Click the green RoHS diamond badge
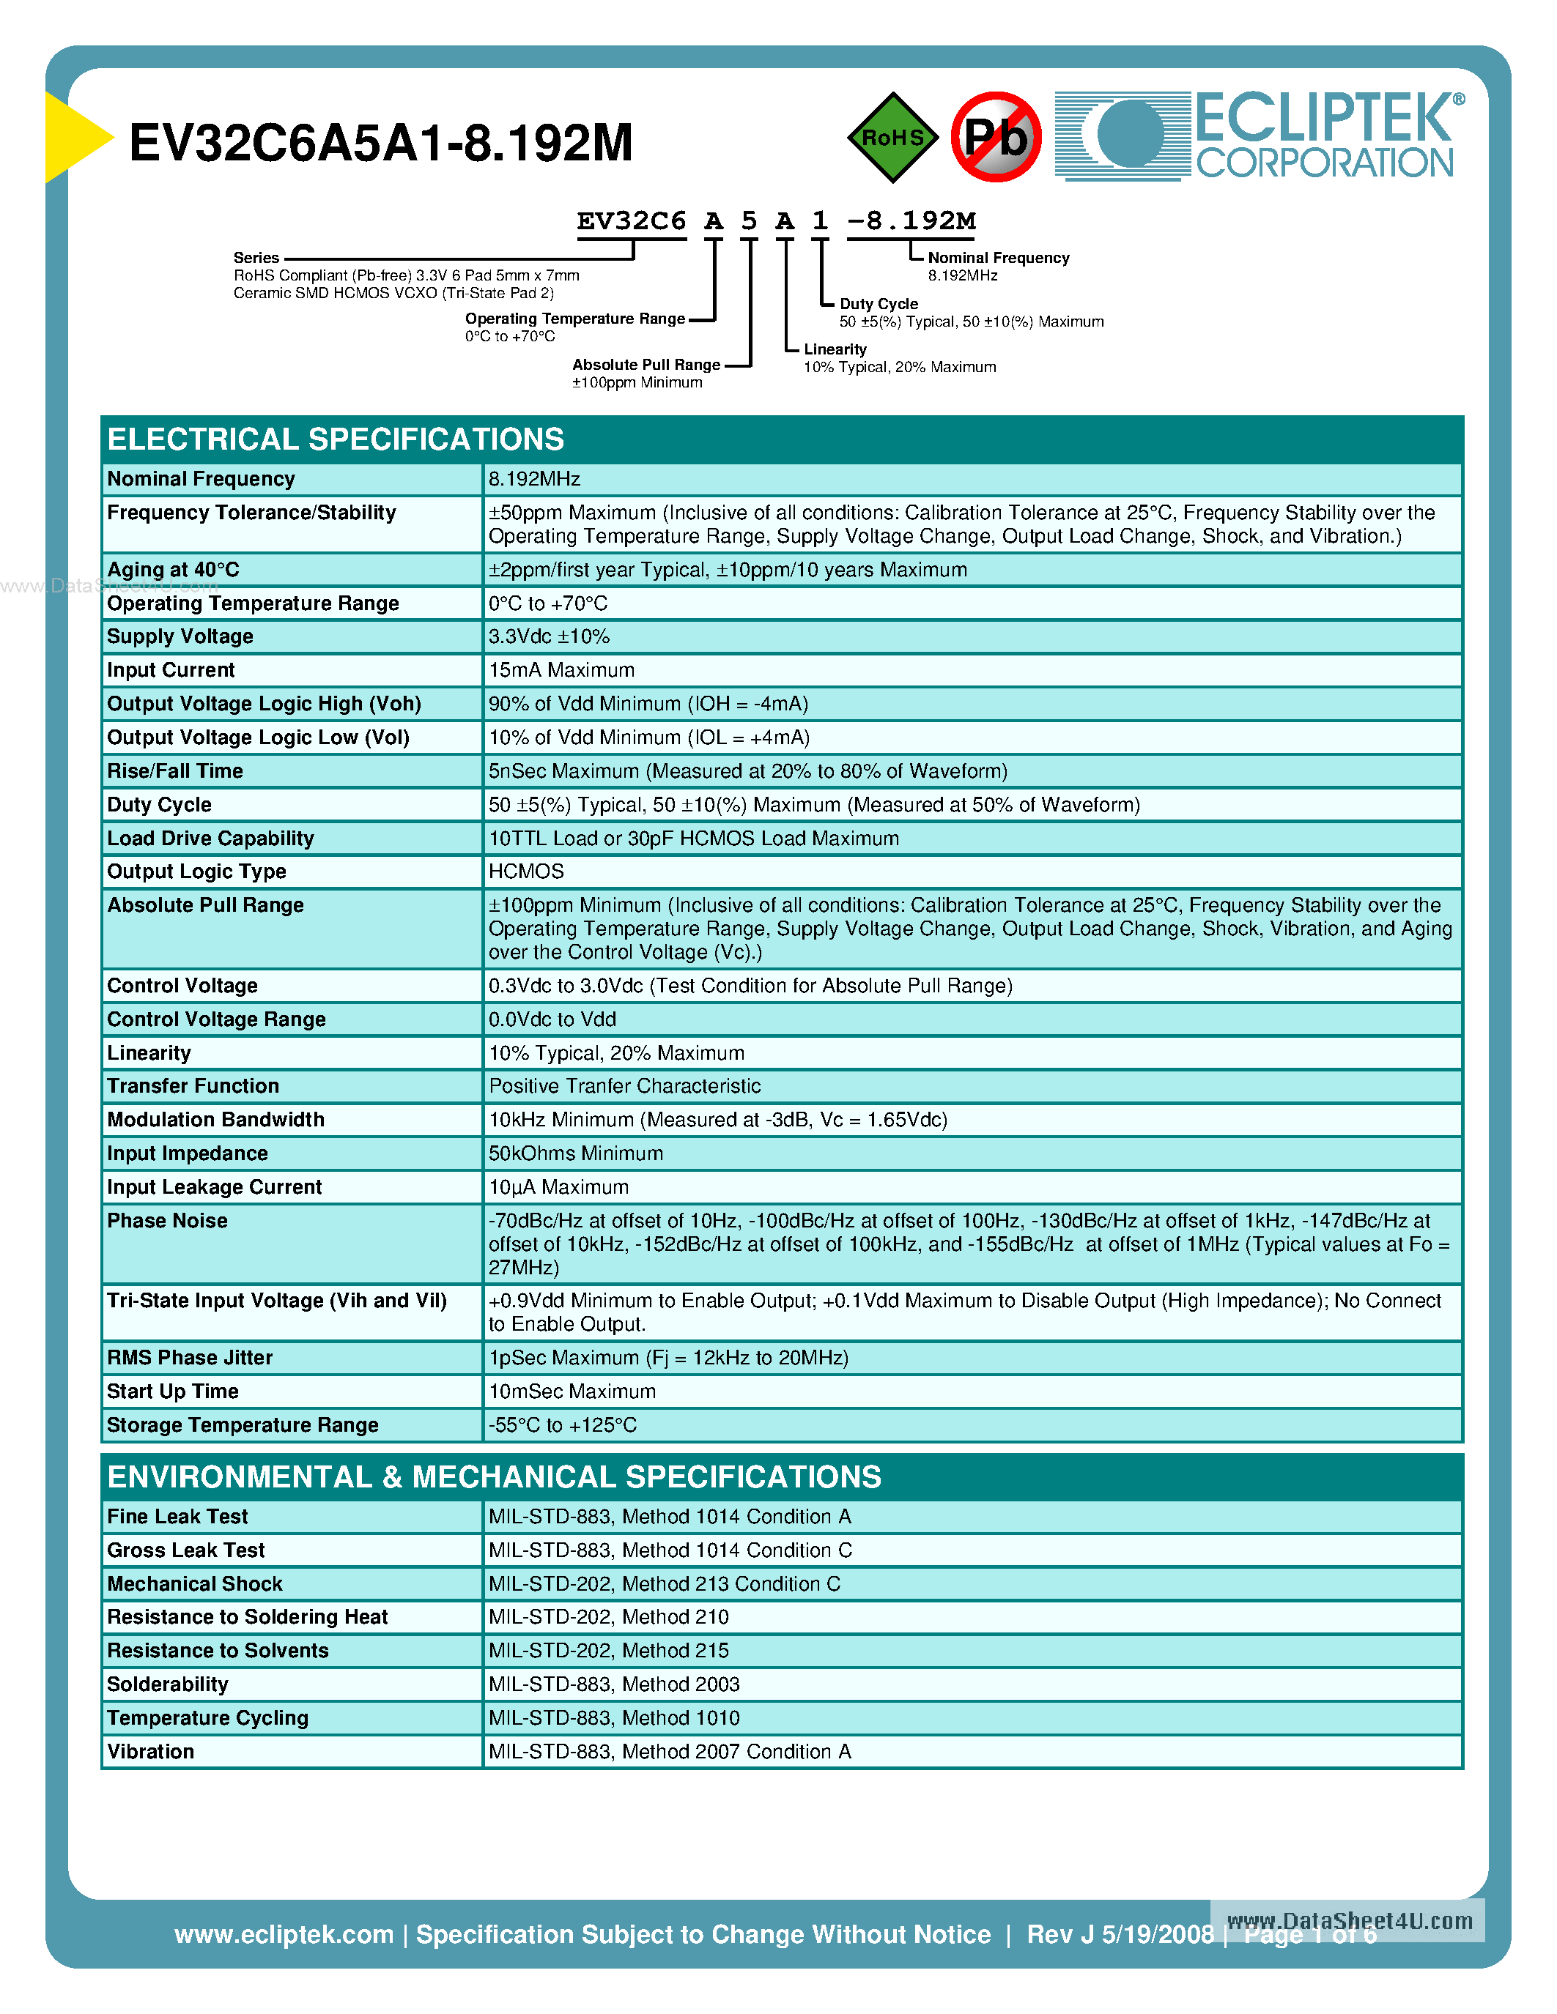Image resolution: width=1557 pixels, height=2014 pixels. coord(892,138)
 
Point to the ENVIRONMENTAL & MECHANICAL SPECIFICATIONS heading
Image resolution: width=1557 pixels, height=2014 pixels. coord(495,1477)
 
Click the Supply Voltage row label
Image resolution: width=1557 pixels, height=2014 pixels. coord(180,636)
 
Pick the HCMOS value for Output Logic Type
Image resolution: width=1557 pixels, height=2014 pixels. coord(526,872)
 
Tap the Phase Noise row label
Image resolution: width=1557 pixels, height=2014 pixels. coord(167,1221)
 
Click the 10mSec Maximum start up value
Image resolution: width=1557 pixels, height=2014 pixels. coord(572,1391)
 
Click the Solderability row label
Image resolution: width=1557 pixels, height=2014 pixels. coord(167,1684)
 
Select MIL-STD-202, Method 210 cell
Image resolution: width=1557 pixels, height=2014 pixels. coord(609,1618)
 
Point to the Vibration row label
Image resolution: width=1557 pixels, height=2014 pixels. coord(150,1752)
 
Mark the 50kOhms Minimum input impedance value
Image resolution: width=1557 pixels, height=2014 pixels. coord(576,1153)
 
